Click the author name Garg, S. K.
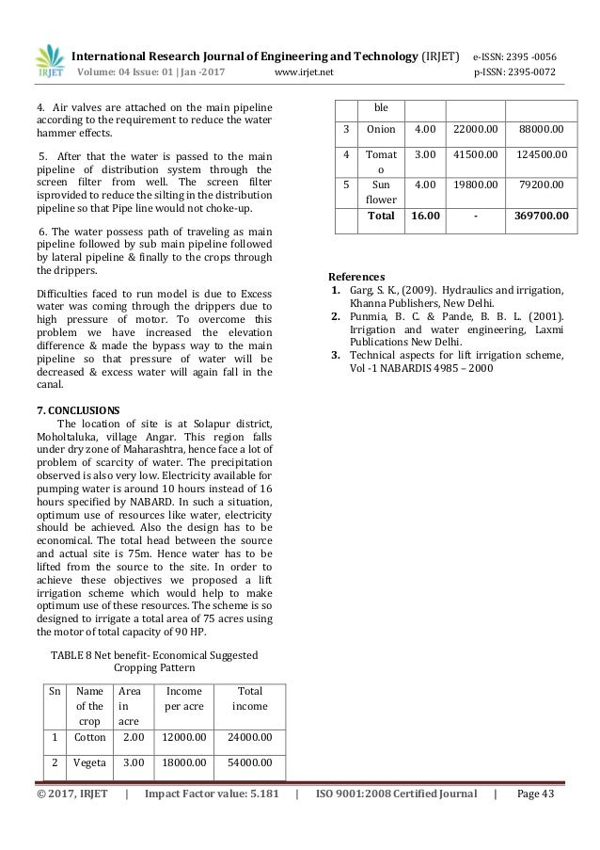[x=373, y=292]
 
